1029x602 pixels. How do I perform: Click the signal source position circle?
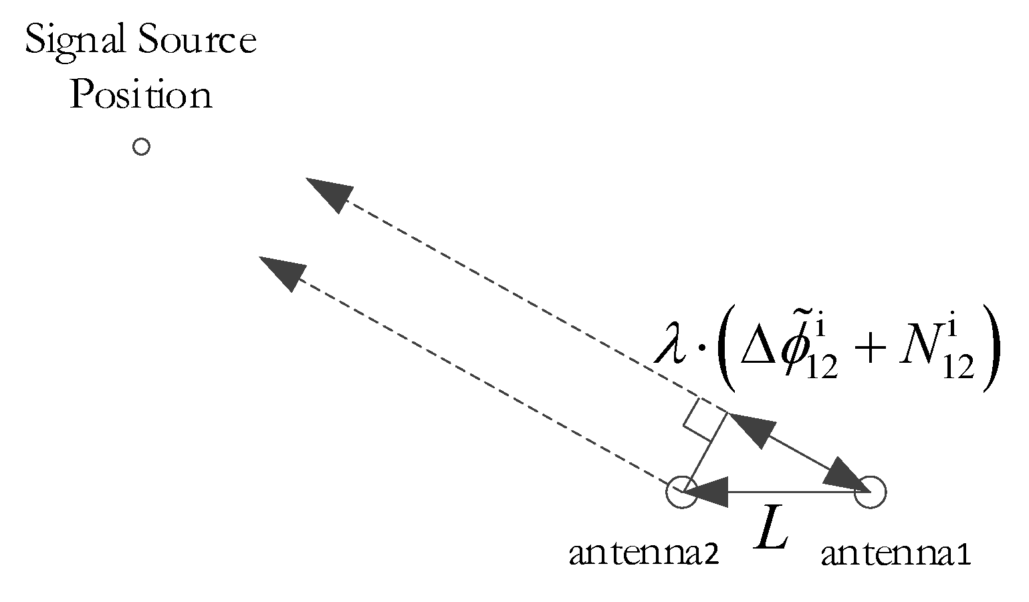point(140,146)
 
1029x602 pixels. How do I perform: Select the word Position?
point(141,95)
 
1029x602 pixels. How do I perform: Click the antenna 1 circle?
point(871,492)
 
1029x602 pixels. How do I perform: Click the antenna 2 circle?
point(681,492)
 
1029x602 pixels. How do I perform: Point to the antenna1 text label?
point(896,554)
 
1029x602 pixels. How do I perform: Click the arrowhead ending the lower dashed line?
point(281,271)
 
